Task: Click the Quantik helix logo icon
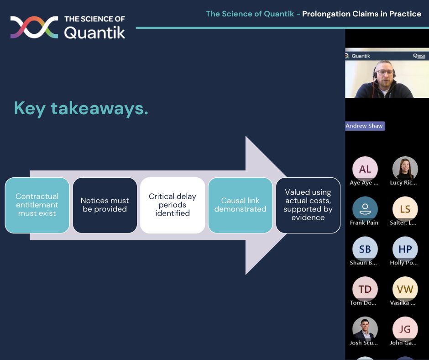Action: tap(34, 27)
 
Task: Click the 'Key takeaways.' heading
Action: tap(81, 109)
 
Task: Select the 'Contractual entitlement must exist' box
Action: tap(37, 205)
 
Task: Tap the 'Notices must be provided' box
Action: tap(105, 205)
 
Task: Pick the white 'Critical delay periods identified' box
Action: tap(173, 205)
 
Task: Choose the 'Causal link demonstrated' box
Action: tap(240, 205)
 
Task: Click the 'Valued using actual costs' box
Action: tap(308, 205)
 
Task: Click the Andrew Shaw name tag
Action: tap(365, 126)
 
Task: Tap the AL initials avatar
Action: tap(365, 169)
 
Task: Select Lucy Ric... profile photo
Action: tap(405, 169)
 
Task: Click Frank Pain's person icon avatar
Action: tap(365, 209)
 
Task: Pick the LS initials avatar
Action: tap(405, 209)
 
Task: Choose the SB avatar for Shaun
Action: tap(365, 249)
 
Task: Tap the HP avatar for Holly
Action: tap(405, 249)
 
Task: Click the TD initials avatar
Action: tap(365, 289)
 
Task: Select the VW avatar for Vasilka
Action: tap(405, 289)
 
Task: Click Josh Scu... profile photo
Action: tap(365, 329)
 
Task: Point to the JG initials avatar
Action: tap(405, 329)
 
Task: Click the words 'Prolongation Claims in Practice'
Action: tap(362, 14)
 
